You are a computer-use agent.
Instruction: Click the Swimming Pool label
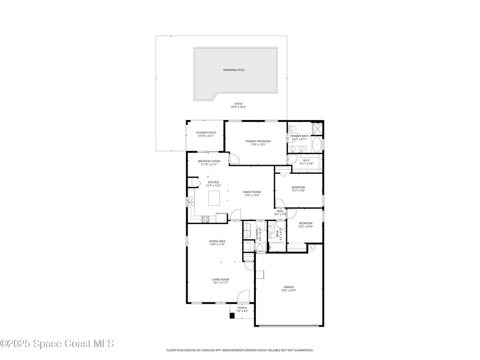(x=233, y=70)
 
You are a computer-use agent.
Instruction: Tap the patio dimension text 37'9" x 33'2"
(x=238, y=107)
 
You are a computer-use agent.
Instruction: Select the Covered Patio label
(x=206, y=133)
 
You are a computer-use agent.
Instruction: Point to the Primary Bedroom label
(x=258, y=141)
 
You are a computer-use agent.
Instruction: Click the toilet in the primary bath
(x=292, y=127)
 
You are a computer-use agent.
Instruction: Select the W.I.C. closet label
(x=306, y=160)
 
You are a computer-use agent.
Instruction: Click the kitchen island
(x=214, y=198)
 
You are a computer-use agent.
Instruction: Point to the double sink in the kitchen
(x=191, y=202)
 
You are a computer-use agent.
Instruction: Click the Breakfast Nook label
(x=209, y=161)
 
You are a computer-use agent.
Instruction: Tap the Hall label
(x=280, y=211)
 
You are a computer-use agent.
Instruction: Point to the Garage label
(x=288, y=287)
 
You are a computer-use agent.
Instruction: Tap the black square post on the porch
(x=232, y=315)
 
